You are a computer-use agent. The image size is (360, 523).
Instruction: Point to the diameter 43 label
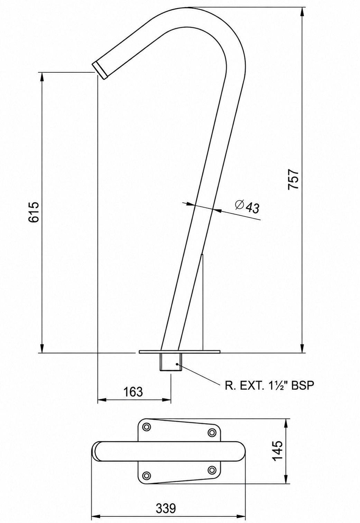[247, 206]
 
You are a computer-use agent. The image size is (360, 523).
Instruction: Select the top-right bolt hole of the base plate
[212, 432]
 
